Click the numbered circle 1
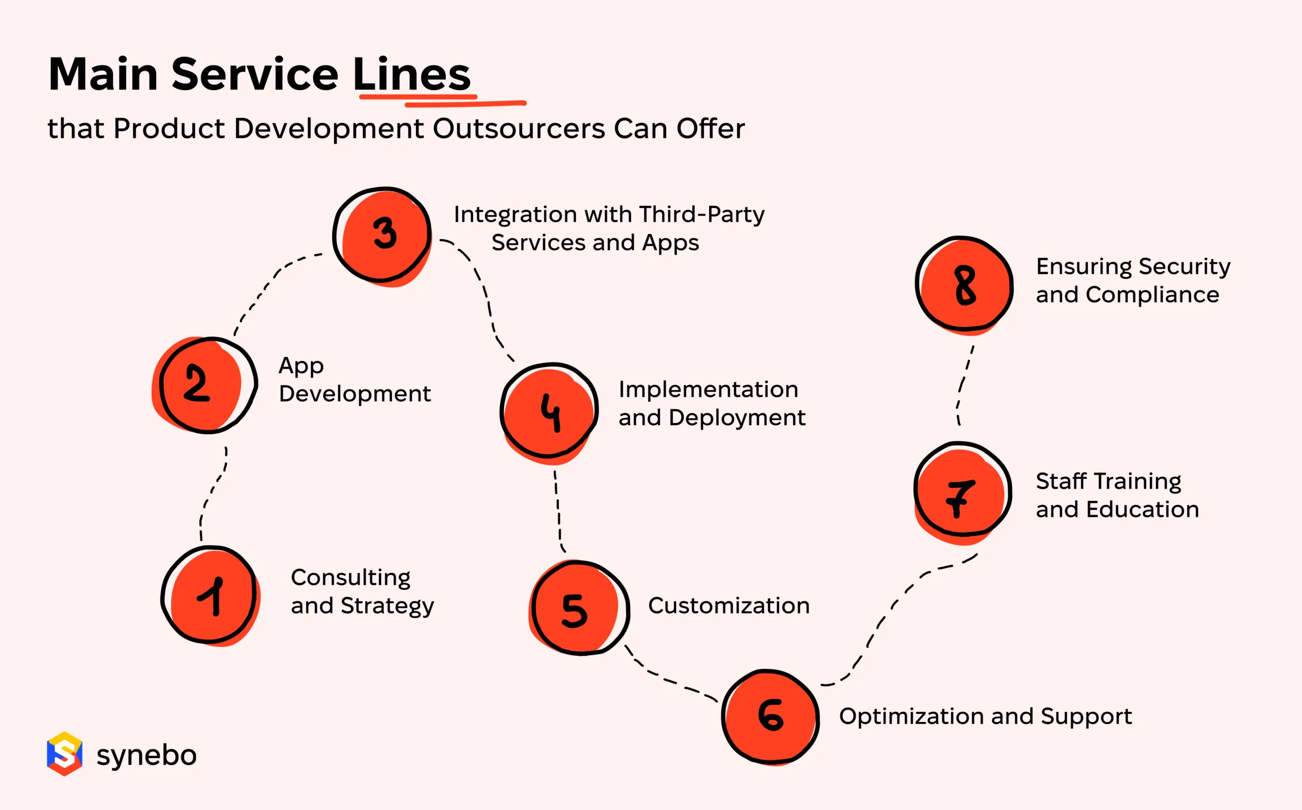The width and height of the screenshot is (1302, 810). (211, 595)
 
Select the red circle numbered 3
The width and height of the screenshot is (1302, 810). (382, 234)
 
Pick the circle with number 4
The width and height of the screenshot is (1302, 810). (549, 411)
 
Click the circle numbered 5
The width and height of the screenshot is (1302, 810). (579, 609)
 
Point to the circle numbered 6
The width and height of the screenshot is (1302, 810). (771, 716)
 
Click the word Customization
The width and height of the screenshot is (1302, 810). (729, 606)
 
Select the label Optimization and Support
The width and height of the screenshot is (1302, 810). (985, 717)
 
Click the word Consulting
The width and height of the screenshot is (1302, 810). (351, 578)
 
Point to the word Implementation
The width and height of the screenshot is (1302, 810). (708, 389)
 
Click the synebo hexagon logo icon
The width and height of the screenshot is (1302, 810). (64, 754)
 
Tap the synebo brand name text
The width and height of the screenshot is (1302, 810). (146, 756)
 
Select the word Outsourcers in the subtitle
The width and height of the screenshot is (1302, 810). (519, 129)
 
